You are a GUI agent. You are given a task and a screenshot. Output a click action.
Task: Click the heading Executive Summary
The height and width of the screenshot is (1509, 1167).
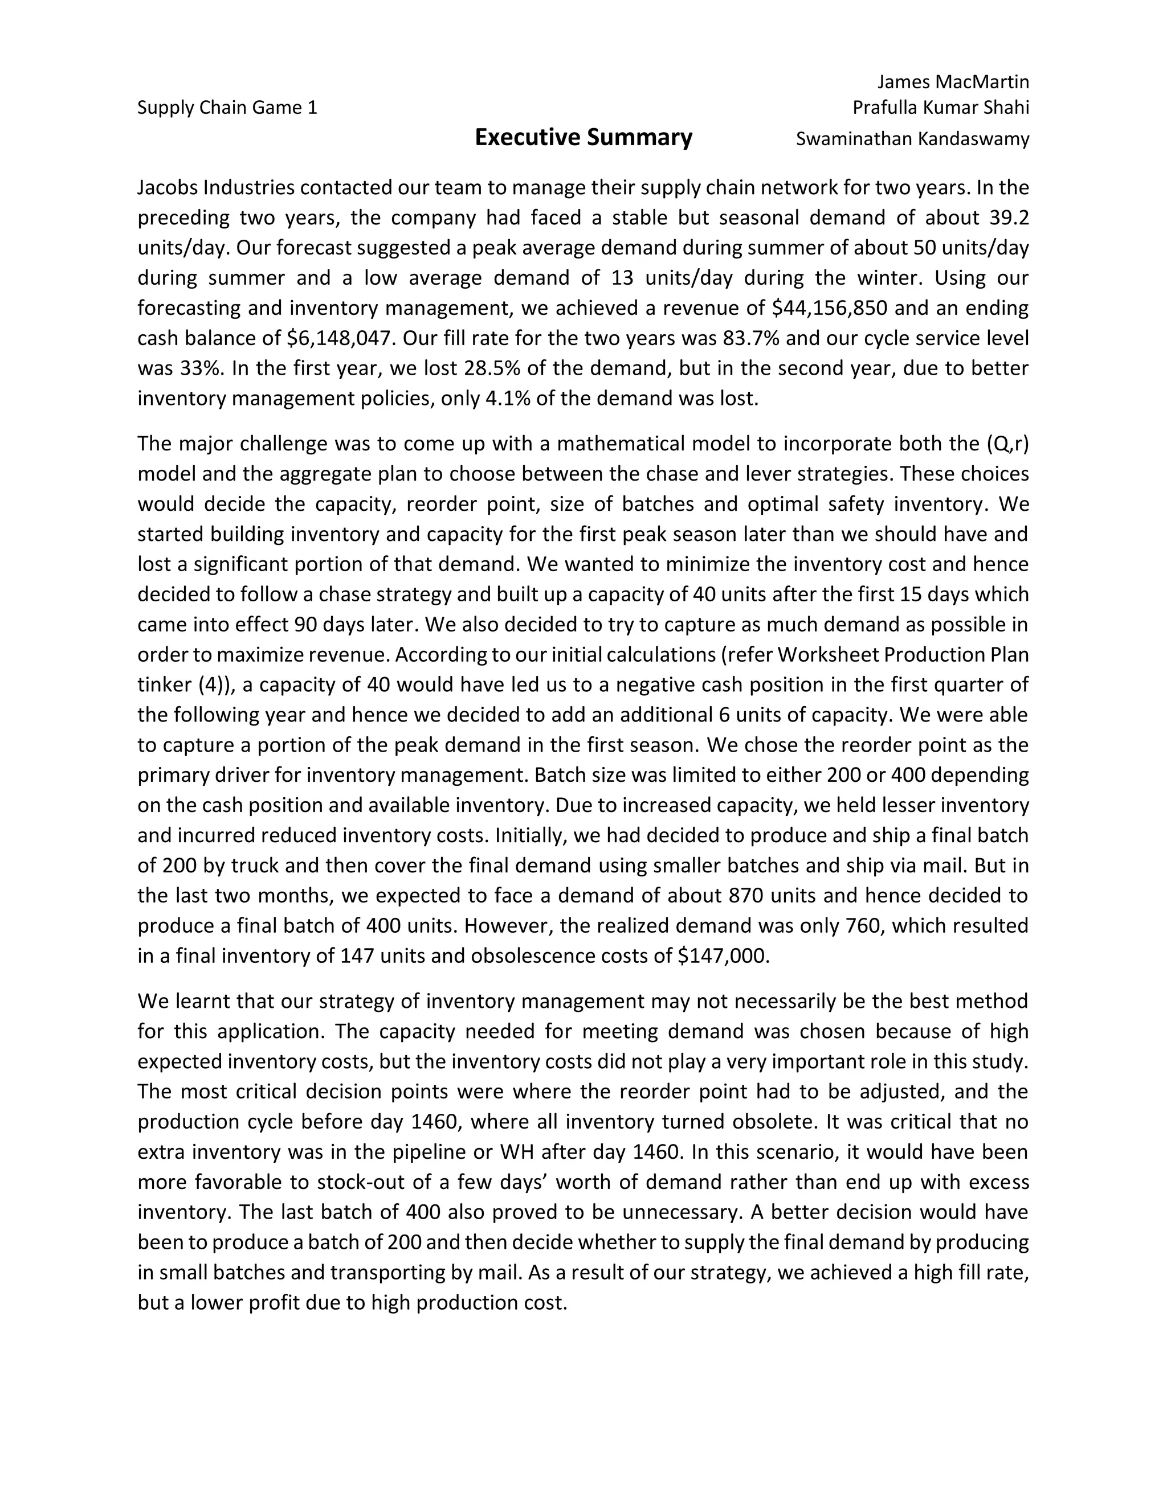[583, 137]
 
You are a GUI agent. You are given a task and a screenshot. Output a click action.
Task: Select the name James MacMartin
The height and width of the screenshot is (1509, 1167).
[953, 82]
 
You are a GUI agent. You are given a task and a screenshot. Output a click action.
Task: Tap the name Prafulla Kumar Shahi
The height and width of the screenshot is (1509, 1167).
[940, 108]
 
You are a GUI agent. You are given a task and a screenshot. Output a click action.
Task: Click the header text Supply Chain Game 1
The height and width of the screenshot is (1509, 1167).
[227, 108]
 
